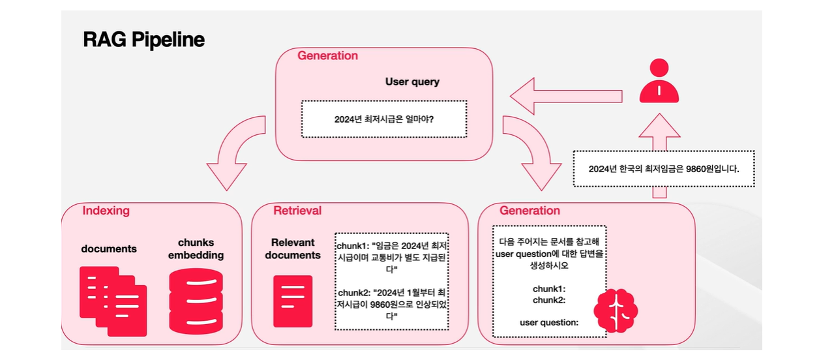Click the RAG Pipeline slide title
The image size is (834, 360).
(143, 40)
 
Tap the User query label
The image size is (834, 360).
(412, 82)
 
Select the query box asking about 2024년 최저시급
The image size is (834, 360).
(384, 119)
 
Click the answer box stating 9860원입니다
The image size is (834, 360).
(663, 168)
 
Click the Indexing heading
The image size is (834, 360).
(106, 211)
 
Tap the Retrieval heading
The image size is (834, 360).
(297, 211)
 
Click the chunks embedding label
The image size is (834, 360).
(196, 248)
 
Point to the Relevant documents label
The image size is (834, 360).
(293, 248)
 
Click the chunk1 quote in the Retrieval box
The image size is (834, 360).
(393, 257)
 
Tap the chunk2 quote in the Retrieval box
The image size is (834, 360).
(393, 304)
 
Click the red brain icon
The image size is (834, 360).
(616, 310)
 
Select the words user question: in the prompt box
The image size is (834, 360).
(548, 322)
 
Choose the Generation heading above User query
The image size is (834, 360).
(327, 55)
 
